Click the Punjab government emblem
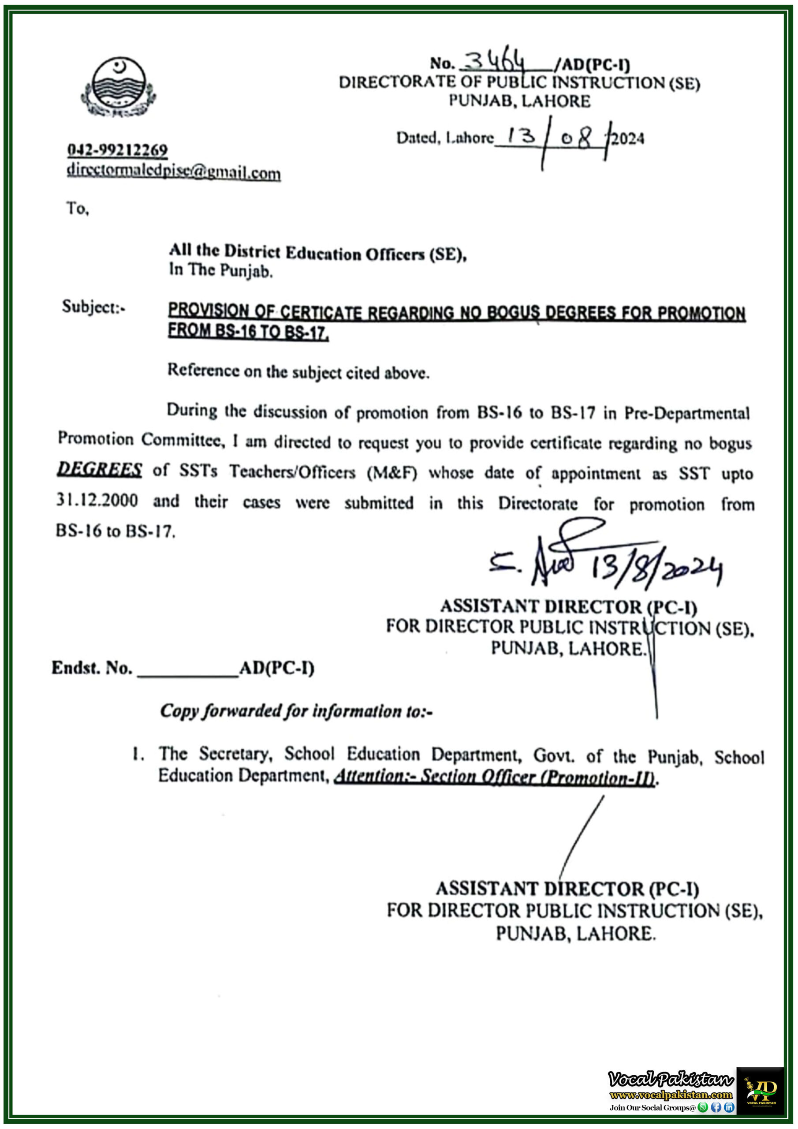tap(118, 87)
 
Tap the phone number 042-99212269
tap(118, 150)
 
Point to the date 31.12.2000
tap(97, 500)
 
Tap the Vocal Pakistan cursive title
tap(671, 1079)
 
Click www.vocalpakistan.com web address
tap(671, 1095)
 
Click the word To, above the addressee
tap(78, 209)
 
